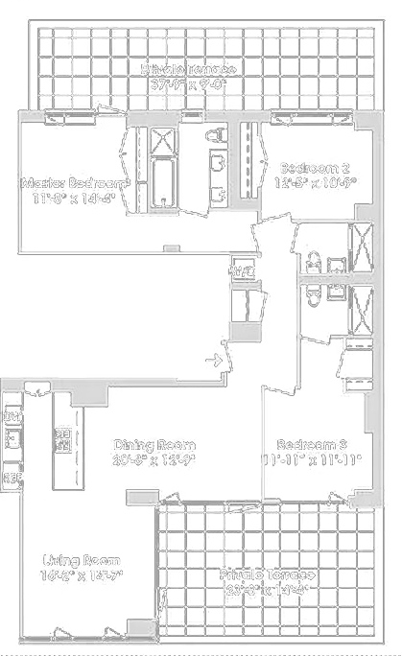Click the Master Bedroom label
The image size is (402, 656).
[75, 182]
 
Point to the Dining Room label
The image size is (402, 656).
[154, 445]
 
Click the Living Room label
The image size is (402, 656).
[83, 560]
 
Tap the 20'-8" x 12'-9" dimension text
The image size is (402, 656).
[154, 459]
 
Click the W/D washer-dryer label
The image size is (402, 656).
[240, 271]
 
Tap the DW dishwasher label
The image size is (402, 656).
[12, 417]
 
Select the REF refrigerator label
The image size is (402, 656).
[12, 477]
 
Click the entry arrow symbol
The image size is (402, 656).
[217, 361]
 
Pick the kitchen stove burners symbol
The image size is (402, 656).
[63, 437]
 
